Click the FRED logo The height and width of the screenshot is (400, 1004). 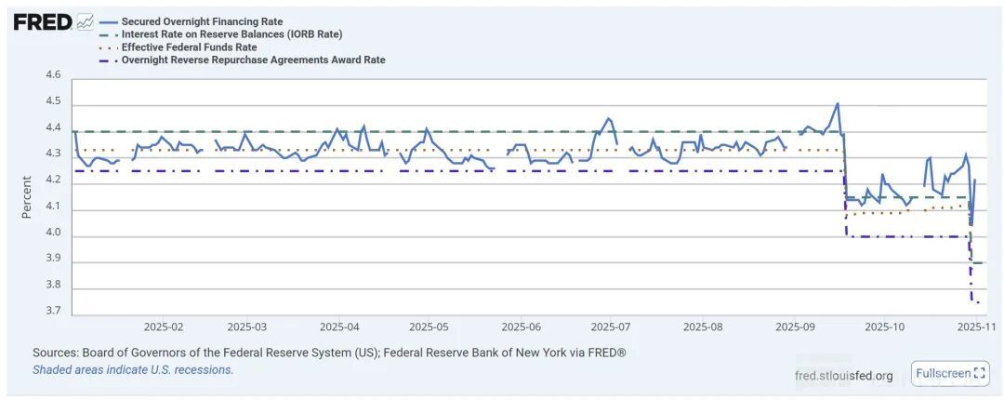click(x=42, y=21)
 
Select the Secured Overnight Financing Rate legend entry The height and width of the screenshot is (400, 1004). click(x=202, y=21)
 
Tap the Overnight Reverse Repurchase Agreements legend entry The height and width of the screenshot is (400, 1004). click(x=253, y=60)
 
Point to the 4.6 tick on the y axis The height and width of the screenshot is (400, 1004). click(x=53, y=75)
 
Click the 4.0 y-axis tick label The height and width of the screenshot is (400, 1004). click(x=53, y=233)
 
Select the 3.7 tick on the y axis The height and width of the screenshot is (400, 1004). click(x=53, y=312)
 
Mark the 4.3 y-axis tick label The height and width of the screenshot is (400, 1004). click(x=53, y=153)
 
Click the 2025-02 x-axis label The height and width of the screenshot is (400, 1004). click(x=164, y=327)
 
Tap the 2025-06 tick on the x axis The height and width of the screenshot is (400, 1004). click(x=521, y=327)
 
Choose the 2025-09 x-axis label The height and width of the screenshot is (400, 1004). click(x=794, y=327)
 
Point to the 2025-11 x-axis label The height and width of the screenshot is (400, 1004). click(x=977, y=327)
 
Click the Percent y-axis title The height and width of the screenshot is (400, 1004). click(x=27, y=197)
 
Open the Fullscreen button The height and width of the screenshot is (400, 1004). click(x=949, y=374)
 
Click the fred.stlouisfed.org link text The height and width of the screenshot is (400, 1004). click(x=844, y=376)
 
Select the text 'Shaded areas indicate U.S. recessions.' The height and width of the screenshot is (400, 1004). click(x=133, y=369)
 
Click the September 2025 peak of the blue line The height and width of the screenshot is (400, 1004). click(x=838, y=103)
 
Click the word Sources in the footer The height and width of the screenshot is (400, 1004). click(x=55, y=353)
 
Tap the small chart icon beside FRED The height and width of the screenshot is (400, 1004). click(x=85, y=20)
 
